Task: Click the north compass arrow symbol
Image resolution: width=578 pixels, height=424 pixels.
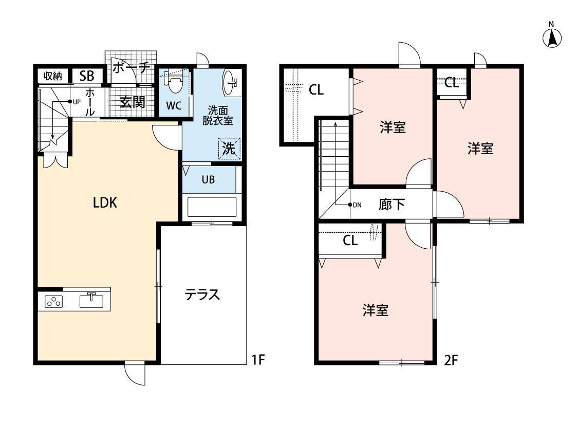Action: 552,38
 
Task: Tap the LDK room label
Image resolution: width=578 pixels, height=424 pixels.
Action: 105,203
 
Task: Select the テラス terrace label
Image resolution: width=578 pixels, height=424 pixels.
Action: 202,294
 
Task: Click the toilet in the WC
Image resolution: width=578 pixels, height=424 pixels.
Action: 173,82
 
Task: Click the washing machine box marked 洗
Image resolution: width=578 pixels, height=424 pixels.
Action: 229,149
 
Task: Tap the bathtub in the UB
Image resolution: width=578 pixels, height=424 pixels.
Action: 212,207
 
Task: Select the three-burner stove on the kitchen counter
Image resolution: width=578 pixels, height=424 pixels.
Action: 54,302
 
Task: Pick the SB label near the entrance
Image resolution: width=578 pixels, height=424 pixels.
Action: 87,76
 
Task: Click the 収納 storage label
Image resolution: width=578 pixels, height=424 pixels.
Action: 53,76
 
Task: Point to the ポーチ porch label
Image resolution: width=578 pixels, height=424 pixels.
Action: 131,67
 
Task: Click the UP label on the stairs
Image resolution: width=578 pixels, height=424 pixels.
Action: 77,102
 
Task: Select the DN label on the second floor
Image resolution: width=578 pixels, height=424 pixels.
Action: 357,205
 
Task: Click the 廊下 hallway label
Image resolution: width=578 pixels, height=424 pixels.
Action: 391,204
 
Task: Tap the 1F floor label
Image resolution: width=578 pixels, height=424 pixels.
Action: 258,359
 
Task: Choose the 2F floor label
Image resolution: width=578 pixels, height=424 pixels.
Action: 451,359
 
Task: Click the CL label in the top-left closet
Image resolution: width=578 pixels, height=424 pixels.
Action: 316,89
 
